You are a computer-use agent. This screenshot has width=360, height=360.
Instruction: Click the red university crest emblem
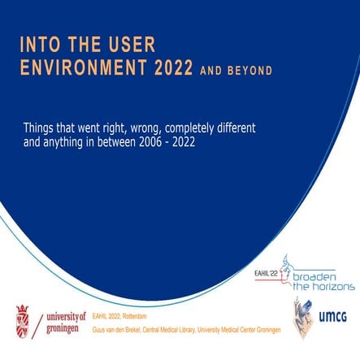[x=23, y=320]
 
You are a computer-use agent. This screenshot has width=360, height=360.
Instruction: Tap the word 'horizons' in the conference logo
[x=328, y=287]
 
